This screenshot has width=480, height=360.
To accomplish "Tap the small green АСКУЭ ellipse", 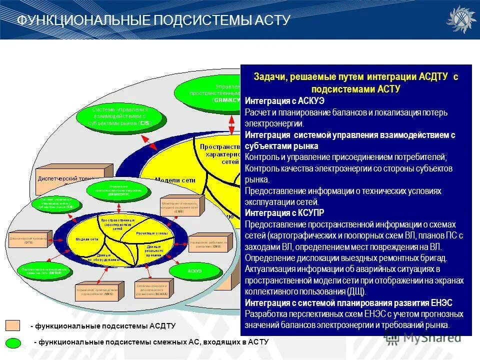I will (x=194, y=270).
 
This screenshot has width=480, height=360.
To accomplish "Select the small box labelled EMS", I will (x=179, y=206).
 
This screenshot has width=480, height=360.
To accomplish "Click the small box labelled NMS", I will (x=96, y=292).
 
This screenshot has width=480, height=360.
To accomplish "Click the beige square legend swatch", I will (x=13, y=326).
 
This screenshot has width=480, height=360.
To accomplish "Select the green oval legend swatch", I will (x=13, y=342).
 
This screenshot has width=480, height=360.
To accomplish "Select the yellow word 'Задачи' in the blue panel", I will (x=268, y=77).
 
